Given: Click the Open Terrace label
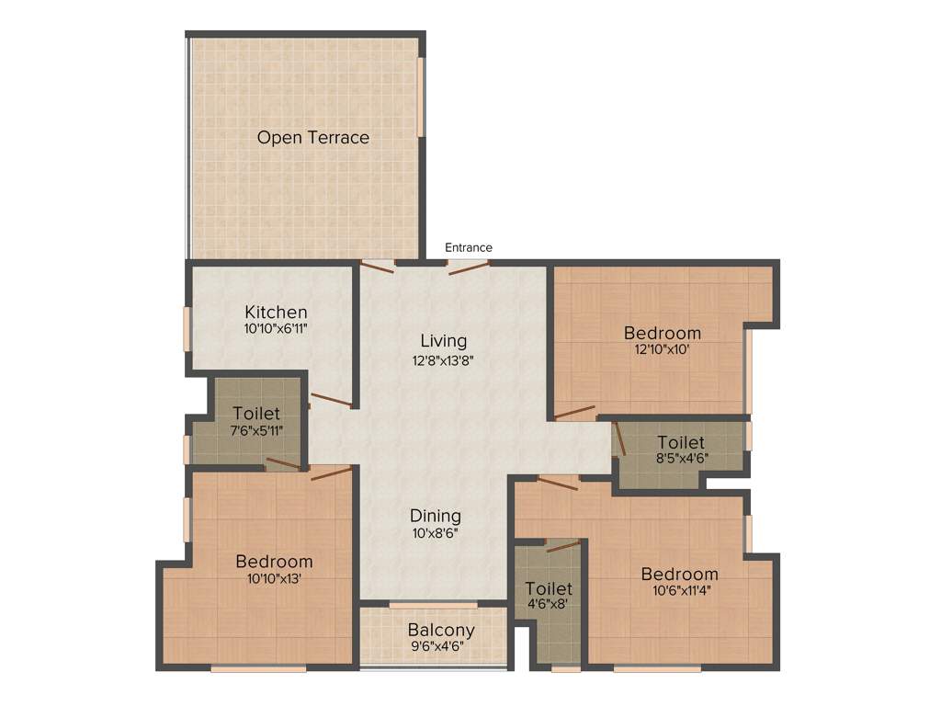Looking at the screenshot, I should pyautogui.click(x=312, y=138).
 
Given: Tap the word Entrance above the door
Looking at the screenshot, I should pyautogui.click(x=469, y=247).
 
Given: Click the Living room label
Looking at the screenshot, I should pyautogui.click(x=444, y=341).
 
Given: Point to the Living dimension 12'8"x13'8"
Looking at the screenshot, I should pyautogui.click(x=444, y=360).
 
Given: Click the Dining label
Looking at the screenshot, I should pyautogui.click(x=436, y=516).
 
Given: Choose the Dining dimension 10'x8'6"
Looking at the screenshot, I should pyautogui.click(x=436, y=533).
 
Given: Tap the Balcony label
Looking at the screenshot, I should pyautogui.click(x=441, y=630).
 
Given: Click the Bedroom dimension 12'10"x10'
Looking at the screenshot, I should pyautogui.click(x=662, y=350).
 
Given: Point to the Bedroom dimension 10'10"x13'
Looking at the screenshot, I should pyautogui.click(x=274, y=579).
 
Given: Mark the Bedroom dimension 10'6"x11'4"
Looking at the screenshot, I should pyautogui.click(x=680, y=591).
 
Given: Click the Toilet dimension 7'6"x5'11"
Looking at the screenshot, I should pyautogui.click(x=255, y=430).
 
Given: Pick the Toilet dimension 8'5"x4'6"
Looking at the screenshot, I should pyautogui.click(x=681, y=460).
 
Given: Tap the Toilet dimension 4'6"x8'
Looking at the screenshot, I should pyautogui.click(x=549, y=605).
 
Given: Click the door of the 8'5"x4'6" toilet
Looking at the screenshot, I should pyautogui.click(x=620, y=439).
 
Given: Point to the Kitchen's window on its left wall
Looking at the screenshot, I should pyautogui.click(x=187, y=328).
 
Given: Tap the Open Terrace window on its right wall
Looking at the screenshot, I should pyautogui.click(x=422, y=97).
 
